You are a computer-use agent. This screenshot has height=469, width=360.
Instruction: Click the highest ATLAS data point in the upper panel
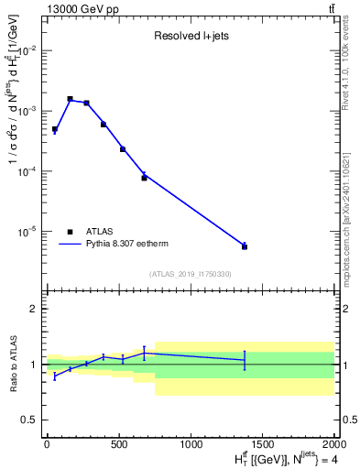click(70, 99)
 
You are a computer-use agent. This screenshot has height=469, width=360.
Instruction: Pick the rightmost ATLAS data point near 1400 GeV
click(245, 246)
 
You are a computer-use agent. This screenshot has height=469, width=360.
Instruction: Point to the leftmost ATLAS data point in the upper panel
click(55, 129)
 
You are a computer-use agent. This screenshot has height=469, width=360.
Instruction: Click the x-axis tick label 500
click(119, 444)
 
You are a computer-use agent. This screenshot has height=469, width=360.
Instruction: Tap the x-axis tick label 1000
click(191, 444)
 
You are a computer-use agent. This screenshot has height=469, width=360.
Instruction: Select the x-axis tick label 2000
click(333, 444)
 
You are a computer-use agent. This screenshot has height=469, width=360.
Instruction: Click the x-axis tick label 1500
click(263, 444)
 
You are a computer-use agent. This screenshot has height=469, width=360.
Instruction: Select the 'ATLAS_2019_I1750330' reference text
click(191, 274)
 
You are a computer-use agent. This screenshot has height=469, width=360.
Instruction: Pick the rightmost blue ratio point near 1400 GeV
click(245, 360)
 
